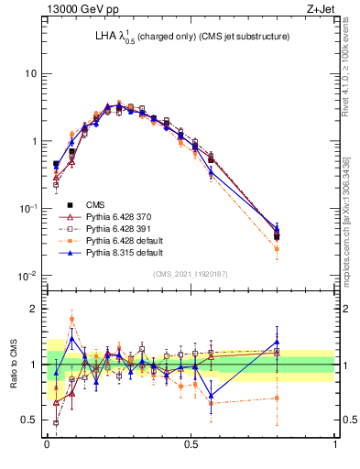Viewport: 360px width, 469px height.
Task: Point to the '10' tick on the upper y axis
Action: pos(31,73)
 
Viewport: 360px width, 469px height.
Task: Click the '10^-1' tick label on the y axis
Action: pos(27,208)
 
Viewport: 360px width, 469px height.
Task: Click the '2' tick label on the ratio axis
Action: pos(36,309)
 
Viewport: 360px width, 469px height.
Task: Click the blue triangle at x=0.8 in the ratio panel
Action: pos(278,342)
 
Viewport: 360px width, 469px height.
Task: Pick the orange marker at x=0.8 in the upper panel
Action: pos(278,248)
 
